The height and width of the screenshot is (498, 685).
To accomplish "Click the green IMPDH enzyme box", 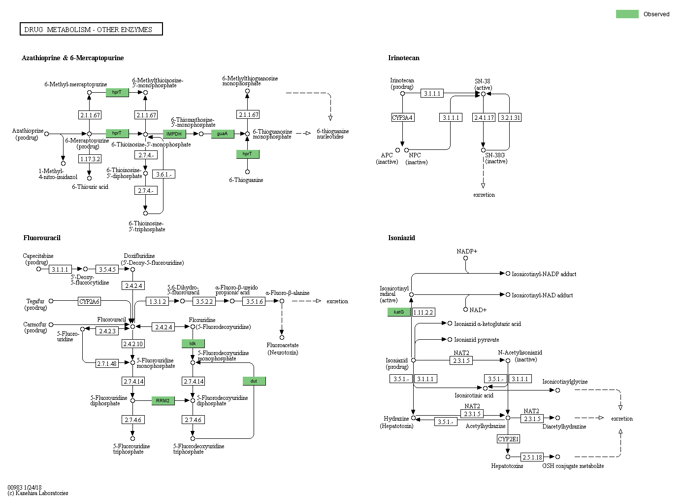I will pos(174,134).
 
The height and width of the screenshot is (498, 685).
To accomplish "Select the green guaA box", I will pos(223,134).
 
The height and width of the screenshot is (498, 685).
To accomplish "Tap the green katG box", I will pos(399,312).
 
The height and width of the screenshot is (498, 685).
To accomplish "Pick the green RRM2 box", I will pos(163,400).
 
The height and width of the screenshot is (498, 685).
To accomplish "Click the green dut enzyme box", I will pos(254,381).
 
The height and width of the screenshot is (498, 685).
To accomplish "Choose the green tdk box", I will pos(193,343).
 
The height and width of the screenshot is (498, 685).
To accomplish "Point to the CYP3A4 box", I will pos(402,117).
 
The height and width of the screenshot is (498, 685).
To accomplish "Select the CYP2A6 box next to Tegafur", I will pos(90,301).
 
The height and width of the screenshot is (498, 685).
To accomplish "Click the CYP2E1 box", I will pos(508,439).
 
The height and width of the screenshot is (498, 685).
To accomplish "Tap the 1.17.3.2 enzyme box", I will pos(90,159).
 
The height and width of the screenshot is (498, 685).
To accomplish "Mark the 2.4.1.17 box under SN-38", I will pos(484,117).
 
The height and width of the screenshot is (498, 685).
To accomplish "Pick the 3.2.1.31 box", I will pos(510,117).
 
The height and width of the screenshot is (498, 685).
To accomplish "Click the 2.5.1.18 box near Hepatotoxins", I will pos(532,457).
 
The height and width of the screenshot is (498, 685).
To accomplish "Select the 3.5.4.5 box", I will pos(107,269).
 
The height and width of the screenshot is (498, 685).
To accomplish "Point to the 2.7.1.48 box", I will pos(107,363).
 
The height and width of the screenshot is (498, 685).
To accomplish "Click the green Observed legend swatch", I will pos(627,14).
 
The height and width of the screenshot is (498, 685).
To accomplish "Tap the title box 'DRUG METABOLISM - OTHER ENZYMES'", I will pos(91,29).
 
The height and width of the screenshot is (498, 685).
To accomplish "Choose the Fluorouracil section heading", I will pos(42,238).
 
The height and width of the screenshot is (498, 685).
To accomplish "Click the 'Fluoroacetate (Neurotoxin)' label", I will pos(283,349).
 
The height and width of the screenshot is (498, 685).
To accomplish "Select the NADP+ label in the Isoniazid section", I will pos(466,251).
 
